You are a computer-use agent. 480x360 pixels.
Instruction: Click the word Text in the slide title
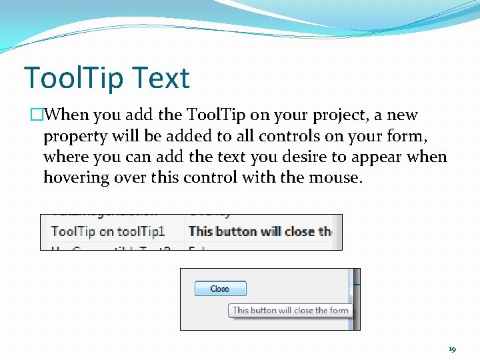[x=161, y=78]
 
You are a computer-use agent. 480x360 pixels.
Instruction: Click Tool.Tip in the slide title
[x=73, y=78]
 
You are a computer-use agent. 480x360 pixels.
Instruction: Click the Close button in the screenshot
[x=220, y=289]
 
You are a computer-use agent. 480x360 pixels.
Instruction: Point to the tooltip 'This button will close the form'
[x=290, y=310]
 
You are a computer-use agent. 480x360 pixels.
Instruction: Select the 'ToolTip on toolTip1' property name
[x=108, y=231]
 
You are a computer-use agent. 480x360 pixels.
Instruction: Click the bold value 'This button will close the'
[x=260, y=231]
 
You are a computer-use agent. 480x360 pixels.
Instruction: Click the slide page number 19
[x=452, y=349]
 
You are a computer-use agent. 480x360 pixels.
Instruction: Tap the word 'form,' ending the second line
[x=409, y=136]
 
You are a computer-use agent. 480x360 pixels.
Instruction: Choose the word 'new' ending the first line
[x=402, y=115]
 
